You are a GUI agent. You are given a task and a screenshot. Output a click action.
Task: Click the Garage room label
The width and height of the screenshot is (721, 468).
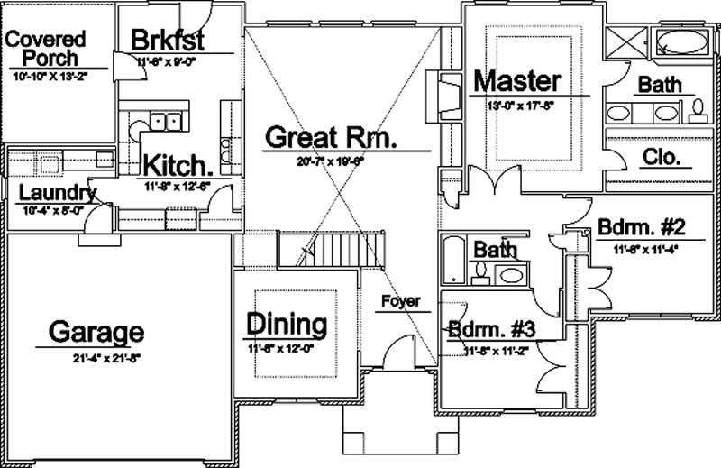[96, 332]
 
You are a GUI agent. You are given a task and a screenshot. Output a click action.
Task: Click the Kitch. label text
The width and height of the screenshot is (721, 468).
[178, 167]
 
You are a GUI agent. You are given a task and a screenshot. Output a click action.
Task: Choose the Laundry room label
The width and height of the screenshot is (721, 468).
[56, 192]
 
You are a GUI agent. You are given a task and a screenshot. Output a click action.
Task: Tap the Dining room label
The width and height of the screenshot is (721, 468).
[286, 324]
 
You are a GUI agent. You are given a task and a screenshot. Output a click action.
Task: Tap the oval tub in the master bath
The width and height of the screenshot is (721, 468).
[680, 41]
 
